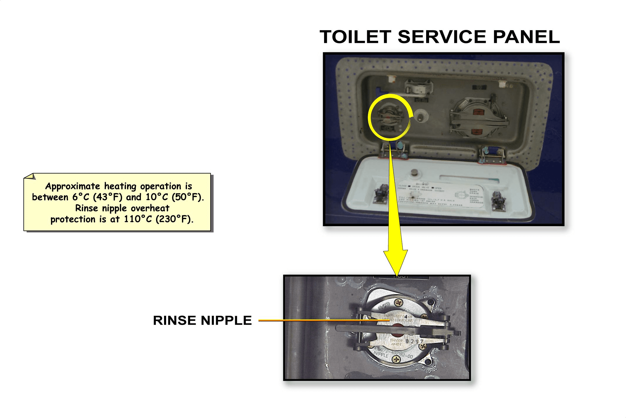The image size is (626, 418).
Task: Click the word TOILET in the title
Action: point(355,37)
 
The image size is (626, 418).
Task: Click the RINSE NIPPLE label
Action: point(202,320)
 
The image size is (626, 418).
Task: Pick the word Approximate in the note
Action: point(72,186)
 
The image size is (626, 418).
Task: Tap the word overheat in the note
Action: point(150,208)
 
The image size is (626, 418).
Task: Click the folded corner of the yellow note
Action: point(30,177)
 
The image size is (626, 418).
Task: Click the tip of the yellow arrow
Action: point(396,275)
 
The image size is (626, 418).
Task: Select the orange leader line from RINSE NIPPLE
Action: point(323,320)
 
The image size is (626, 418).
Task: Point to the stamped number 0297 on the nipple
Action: point(414,341)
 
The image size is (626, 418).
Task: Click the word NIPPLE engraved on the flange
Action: point(381,355)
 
